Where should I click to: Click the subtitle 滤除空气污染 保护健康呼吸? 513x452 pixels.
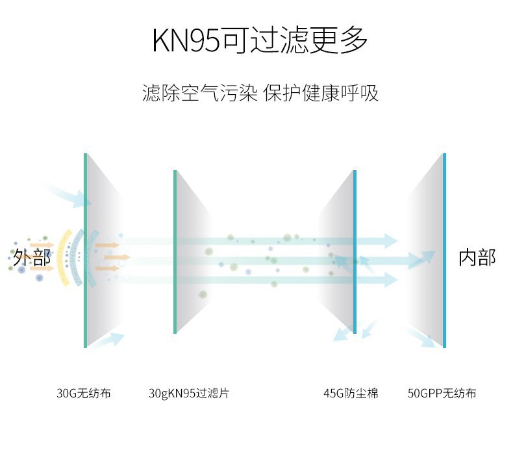(x=260, y=93)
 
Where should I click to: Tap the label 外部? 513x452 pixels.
(x=32, y=257)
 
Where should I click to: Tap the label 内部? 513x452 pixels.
(x=477, y=257)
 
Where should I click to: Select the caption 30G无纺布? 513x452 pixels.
(x=84, y=394)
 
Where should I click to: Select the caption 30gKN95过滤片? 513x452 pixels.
(x=189, y=394)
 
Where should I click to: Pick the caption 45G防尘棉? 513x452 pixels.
(x=351, y=394)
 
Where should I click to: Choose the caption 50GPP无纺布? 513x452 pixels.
(x=442, y=394)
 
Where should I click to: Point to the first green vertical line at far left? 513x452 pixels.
(x=85, y=250)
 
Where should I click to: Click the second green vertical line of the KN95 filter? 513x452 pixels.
(x=175, y=252)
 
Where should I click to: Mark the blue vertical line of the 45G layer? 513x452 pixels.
(x=355, y=252)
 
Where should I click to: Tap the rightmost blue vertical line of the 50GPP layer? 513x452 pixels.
(x=444, y=250)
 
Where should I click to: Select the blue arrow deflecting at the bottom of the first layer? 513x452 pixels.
(x=110, y=339)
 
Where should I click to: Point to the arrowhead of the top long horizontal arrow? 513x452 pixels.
(x=390, y=240)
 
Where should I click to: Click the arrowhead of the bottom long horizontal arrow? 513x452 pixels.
(x=390, y=280)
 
